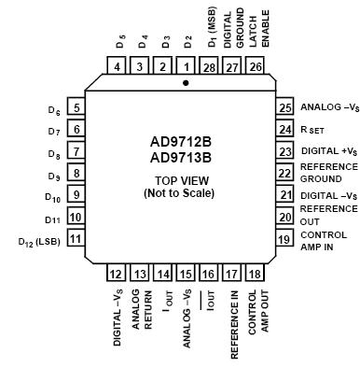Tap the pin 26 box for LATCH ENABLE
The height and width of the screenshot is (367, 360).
(x=254, y=67)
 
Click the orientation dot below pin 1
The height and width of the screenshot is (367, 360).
(x=186, y=83)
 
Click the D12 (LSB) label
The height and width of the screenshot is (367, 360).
(x=38, y=240)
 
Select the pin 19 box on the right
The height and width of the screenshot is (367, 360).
(x=282, y=239)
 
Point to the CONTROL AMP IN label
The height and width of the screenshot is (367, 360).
(x=325, y=240)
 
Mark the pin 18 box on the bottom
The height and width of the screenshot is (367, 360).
(x=254, y=275)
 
